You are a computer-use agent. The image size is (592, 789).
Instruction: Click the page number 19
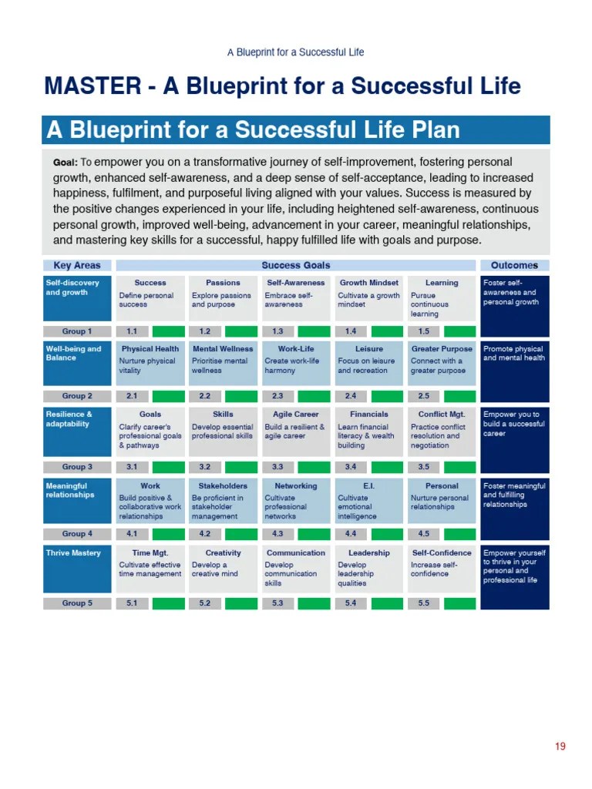click(560, 746)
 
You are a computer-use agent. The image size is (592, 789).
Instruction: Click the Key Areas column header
click(77, 265)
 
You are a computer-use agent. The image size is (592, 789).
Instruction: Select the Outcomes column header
click(514, 265)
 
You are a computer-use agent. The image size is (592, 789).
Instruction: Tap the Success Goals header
click(296, 265)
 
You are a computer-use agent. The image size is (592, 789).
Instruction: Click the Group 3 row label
click(77, 467)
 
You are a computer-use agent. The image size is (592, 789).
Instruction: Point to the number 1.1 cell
click(132, 331)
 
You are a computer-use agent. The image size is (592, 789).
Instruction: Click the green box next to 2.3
click(314, 396)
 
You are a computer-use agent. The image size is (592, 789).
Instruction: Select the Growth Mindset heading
click(368, 283)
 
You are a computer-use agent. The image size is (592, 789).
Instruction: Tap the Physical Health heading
click(150, 348)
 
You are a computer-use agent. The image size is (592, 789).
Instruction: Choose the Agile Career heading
click(296, 415)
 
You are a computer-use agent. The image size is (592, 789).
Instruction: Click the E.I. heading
click(368, 486)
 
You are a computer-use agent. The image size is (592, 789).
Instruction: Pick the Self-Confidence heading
click(442, 552)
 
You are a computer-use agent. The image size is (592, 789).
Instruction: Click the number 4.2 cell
click(205, 534)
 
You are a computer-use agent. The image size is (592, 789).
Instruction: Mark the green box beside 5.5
click(459, 603)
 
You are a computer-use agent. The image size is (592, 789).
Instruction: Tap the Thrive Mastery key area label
click(73, 553)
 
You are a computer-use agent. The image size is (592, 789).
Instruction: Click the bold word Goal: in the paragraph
click(66, 163)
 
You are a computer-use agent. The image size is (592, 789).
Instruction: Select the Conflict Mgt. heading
click(442, 415)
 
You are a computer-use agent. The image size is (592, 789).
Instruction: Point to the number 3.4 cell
click(351, 467)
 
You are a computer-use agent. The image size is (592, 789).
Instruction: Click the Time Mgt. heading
click(150, 552)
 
